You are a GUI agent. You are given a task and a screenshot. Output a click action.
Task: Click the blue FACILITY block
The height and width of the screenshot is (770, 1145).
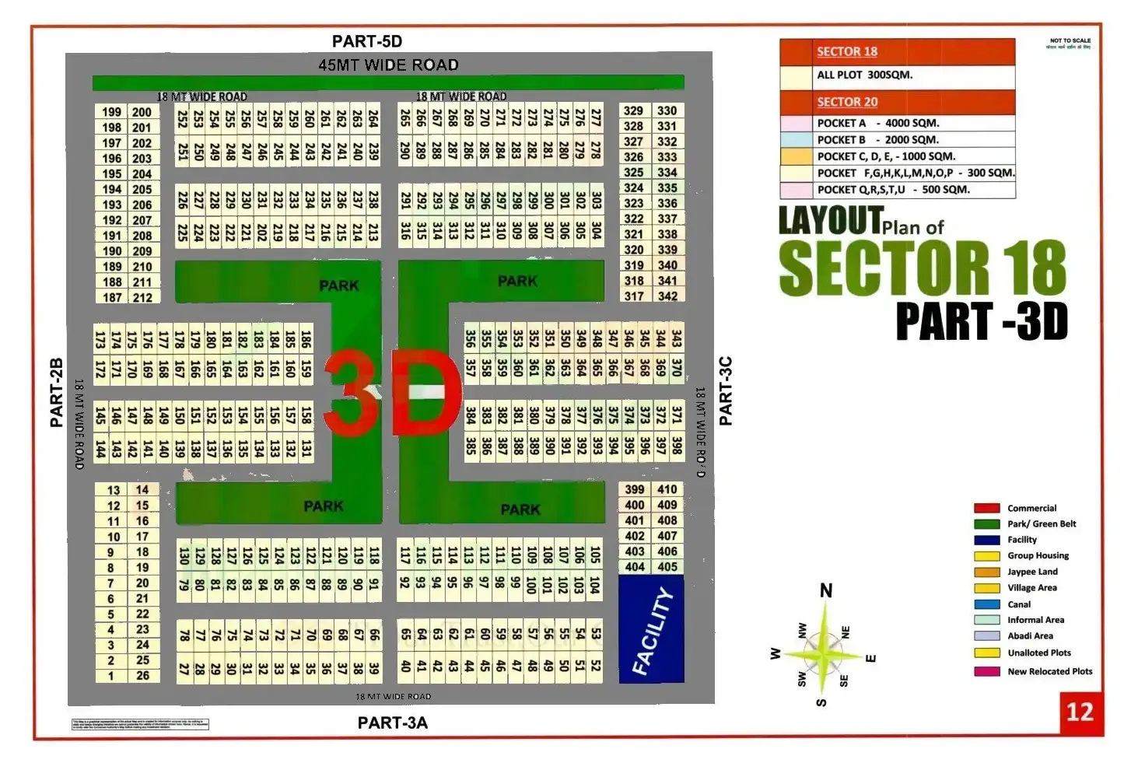(x=651, y=629)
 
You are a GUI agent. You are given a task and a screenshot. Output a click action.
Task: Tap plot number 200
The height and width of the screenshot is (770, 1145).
(x=142, y=112)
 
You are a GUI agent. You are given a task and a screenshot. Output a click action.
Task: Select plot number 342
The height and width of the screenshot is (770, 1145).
(x=667, y=296)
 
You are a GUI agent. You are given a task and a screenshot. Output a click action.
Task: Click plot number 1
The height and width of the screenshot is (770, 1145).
(x=111, y=676)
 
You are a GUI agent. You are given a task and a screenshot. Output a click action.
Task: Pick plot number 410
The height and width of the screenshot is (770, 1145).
(x=667, y=489)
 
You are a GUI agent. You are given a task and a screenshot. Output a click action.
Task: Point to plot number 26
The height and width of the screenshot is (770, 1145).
(x=142, y=676)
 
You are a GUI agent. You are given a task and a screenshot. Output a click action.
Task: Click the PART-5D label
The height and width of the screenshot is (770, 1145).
(x=366, y=41)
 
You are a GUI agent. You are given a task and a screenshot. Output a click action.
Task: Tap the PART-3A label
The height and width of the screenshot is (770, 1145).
(x=392, y=723)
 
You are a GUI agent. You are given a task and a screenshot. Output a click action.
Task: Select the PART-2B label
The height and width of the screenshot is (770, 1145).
(x=56, y=393)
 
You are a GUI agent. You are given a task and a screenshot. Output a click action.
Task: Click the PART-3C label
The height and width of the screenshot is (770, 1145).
(x=726, y=391)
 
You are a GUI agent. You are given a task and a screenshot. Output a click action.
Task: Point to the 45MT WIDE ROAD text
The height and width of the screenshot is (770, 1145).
(x=388, y=65)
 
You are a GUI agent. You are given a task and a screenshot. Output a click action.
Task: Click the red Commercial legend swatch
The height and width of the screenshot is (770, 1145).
(x=986, y=508)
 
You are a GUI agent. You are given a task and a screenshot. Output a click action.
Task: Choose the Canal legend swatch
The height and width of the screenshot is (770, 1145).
(x=986, y=604)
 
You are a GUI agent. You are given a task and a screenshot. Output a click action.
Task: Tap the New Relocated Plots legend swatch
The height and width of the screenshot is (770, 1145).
(x=986, y=671)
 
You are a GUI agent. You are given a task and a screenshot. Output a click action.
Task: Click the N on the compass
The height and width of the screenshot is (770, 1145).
(x=826, y=591)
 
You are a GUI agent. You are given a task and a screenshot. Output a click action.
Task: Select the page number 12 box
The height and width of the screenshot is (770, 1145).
(x=1080, y=712)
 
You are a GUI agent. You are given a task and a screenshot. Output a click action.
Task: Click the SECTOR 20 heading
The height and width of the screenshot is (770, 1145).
(x=847, y=102)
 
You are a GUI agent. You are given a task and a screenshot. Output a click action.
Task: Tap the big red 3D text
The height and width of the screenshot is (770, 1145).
(x=393, y=393)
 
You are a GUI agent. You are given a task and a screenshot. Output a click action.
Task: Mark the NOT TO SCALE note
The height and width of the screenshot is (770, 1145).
(x=1070, y=41)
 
